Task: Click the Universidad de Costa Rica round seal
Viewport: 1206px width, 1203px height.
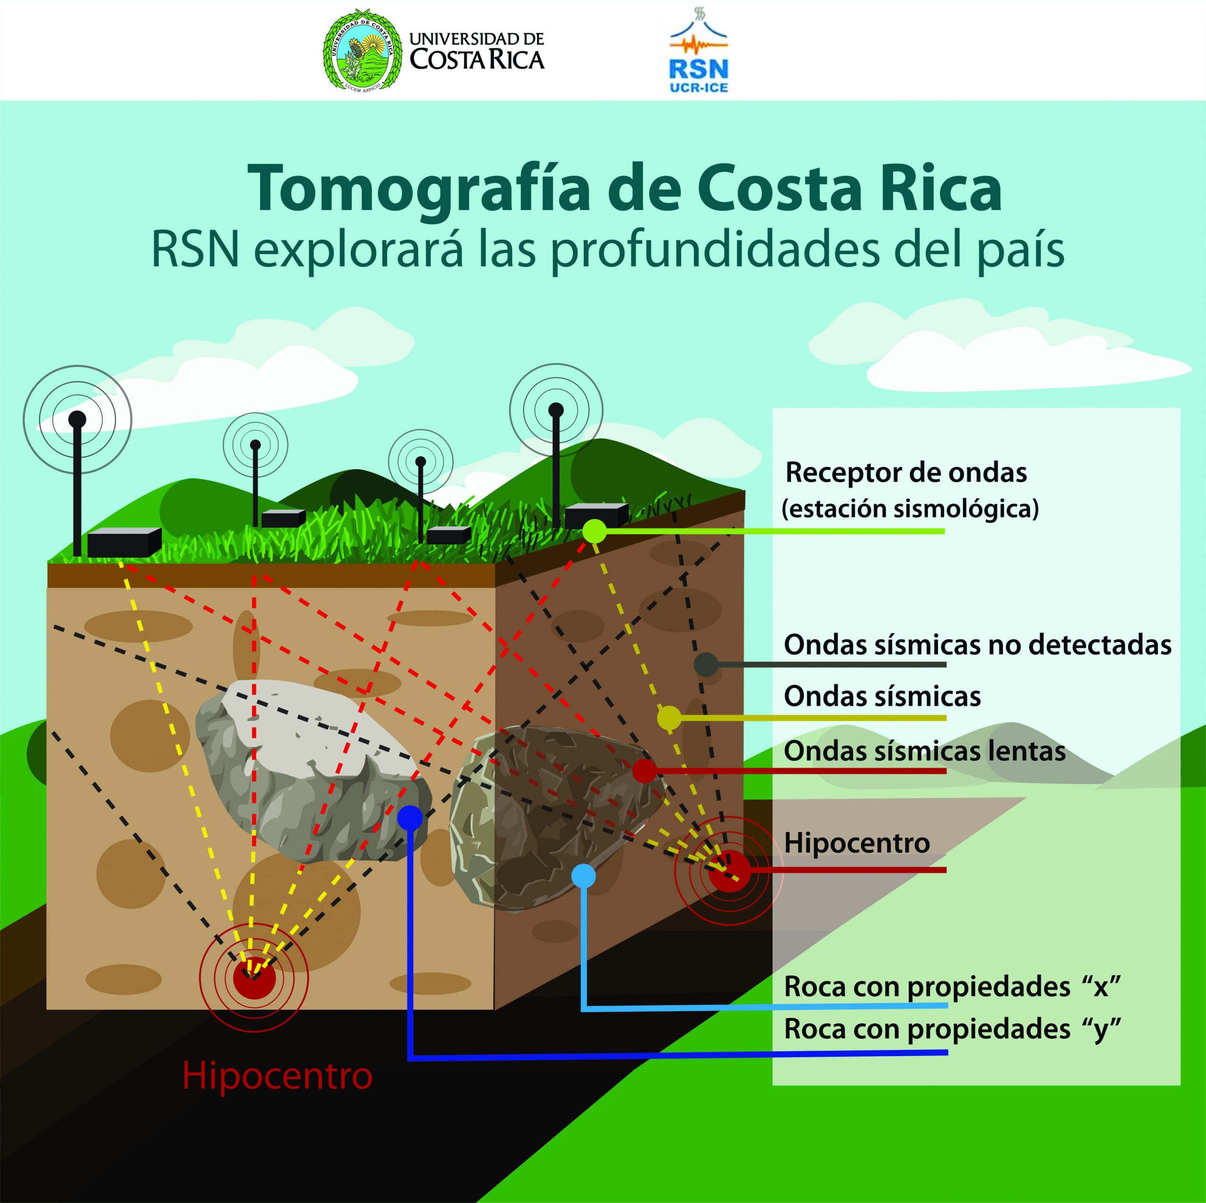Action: pyautogui.click(x=363, y=50)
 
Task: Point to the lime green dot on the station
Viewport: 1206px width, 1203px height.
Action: pyautogui.click(x=594, y=531)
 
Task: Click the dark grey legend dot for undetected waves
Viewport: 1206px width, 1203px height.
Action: pyautogui.click(x=706, y=664)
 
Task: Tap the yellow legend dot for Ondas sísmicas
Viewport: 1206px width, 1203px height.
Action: pyautogui.click(x=669, y=718)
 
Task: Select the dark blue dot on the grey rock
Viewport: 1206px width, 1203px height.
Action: pyautogui.click(x=409, y=818)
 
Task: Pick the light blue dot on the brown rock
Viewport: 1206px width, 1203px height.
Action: pyautogui.click(x=584, y=876)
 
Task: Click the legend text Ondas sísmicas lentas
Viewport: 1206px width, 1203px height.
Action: pyautogui.click(x=924, y=751)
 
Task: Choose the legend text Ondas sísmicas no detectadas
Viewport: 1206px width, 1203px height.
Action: pyautogui.click(x=977, y=645)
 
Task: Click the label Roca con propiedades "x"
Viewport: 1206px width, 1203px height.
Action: pyautogui.click(x=952, y=987)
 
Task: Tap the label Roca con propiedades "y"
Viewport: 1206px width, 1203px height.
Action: pyautogui.click(x=952, y=1030)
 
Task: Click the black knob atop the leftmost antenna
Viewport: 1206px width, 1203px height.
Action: pyautogui.click(x=77, y=419)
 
